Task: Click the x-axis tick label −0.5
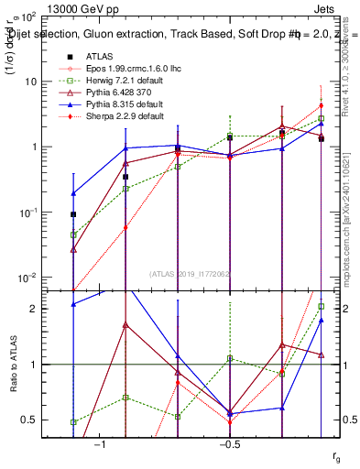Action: click(229, 443)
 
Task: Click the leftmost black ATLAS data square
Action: click(73, 214)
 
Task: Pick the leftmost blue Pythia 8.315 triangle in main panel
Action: click(73, 193)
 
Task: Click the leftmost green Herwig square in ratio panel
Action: click(73, 422)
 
